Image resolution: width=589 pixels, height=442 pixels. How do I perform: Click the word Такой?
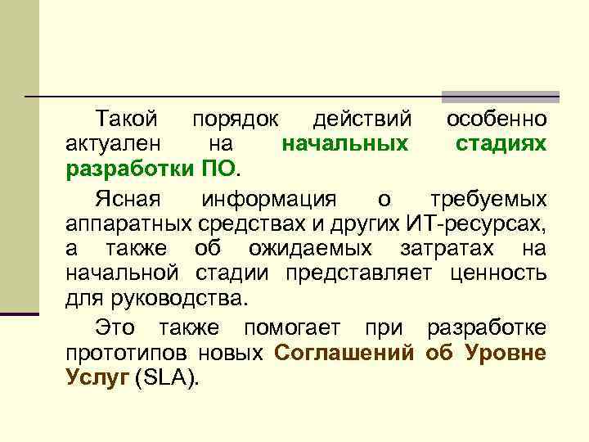pos(126,120)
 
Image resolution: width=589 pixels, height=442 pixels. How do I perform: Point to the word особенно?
pos(497,120)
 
